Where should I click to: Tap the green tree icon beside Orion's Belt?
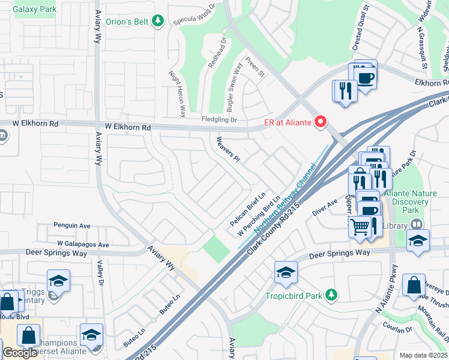click(x=158, y=22)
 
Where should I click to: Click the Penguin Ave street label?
click(x=72, y=226)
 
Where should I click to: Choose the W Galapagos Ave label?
click(x=83, y=244)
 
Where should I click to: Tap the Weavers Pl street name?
click(x=228, y=148)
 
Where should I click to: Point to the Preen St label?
click(x=255, y=67)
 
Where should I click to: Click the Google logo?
click(x=20, y=353)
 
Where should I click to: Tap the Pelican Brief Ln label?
click(x=248, y=210)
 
